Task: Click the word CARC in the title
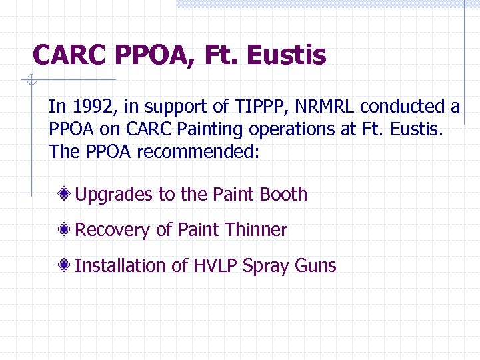[69, 55]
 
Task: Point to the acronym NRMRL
[325, 106]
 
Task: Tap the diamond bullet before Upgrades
[65, 195]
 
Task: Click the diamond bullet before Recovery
[65, 230]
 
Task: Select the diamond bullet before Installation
[65, 265]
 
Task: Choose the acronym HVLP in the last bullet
[215, 265]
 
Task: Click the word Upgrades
[113, 195]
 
